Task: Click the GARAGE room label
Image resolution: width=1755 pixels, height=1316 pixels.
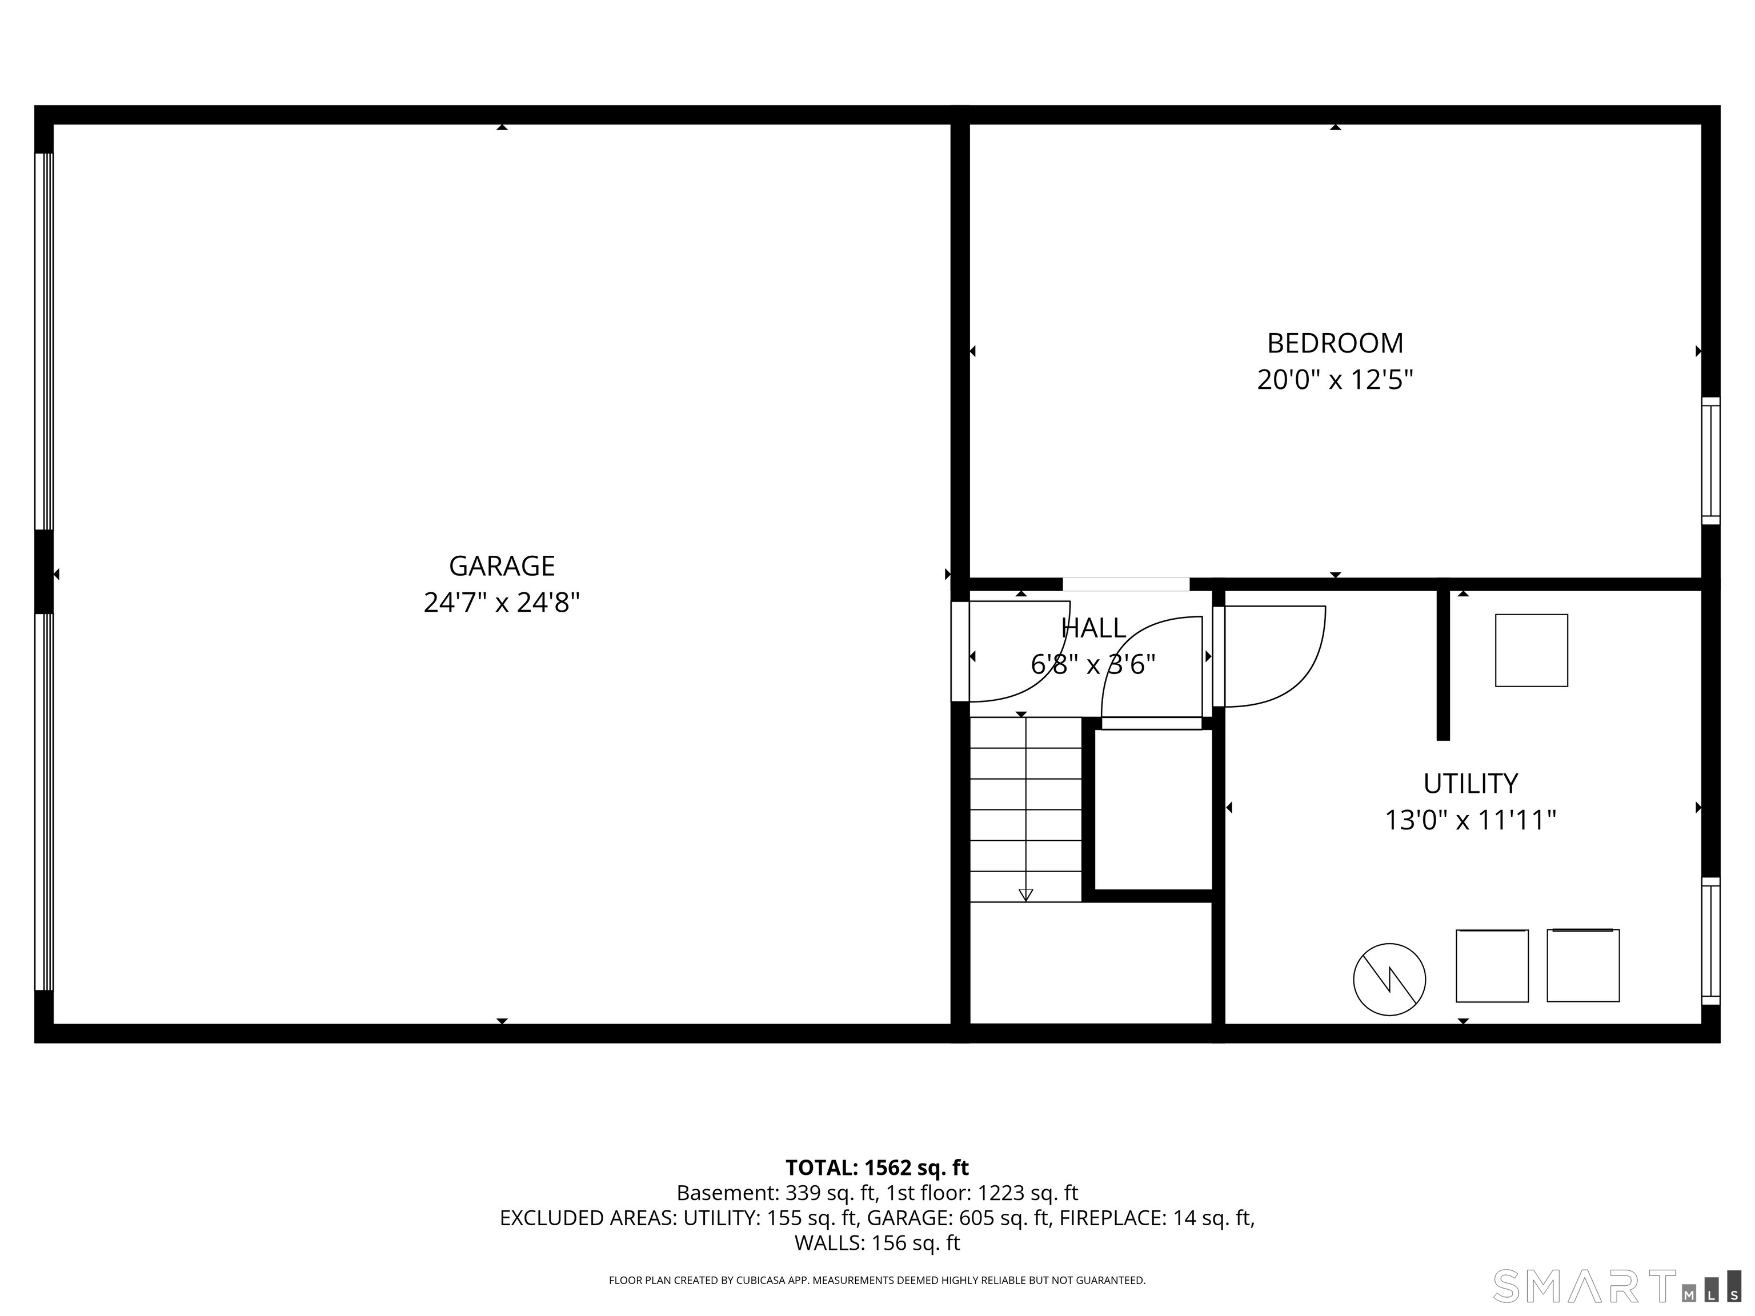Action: click(502, 565)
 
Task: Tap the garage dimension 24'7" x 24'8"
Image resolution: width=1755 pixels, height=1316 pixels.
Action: click(502, 603)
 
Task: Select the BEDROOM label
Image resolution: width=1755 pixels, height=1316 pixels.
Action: click(1335, 343)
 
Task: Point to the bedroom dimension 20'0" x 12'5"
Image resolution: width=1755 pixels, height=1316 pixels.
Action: click(1335, 380)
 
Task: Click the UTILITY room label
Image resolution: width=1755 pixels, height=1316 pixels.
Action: click(1470, 784)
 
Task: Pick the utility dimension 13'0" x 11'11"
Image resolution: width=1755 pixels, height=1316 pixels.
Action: click(1470, 820)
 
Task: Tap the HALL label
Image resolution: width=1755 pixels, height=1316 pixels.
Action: click(1093, 628)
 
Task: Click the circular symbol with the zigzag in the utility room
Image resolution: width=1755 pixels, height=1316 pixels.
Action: click(1389, 979)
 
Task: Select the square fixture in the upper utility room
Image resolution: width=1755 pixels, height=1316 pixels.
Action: click(1530, 651)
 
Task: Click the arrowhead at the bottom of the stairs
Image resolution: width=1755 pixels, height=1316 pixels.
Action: click(1025, 895)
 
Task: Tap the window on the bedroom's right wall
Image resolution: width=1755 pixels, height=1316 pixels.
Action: click(1710, 460)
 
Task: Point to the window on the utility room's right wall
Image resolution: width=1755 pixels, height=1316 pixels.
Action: click(1710, 941)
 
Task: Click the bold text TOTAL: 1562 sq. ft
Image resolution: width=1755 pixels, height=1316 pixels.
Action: click(877, 1167)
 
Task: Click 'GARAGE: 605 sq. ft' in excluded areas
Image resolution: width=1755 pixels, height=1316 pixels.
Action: click(957, 1218)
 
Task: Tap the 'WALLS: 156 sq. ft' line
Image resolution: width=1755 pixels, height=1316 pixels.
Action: click(877, 1243)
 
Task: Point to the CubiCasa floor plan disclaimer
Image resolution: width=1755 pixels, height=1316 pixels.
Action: click(877, 1281)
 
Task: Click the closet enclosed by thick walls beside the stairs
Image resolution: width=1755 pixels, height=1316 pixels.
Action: click(1153, 809)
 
